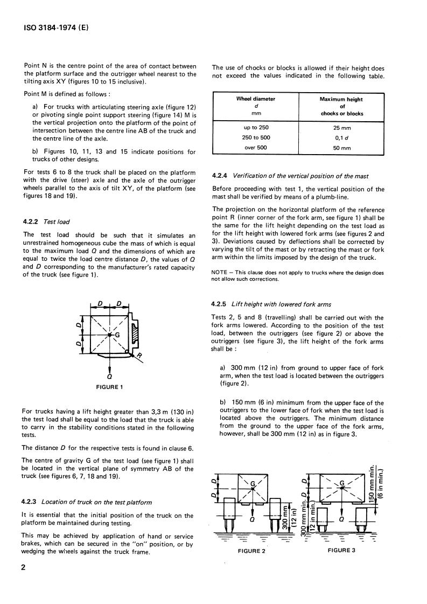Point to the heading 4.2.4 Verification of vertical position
297,176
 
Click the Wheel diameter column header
256,99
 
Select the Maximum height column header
341,99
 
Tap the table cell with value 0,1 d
341,137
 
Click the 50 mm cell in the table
341,148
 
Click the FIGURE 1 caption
109,387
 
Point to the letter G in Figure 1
117,335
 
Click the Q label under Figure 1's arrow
109,377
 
